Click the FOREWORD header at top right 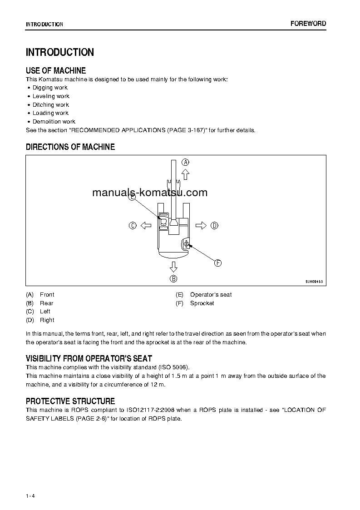click(x=308, y=24)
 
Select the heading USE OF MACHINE click(x=56, y=70)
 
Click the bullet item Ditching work click(x=50, y=104)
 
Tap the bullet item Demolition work click(x=54, y=122)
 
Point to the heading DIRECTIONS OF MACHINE click(x=70, y=147)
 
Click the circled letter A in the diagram click(x=185, y=162)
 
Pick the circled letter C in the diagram click(x=133, y=225)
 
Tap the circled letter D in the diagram click(x=214, y=225)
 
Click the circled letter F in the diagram click(x=217, y=263)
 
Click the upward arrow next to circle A click(x=185, y=174)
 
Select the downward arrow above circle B click(x=173, y=266)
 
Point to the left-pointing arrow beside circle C click(x=145, y=225)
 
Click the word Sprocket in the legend click(x=202, y=303)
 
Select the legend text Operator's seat click(x=211, y=295)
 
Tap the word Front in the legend click(x=47, y=295)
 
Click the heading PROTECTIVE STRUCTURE click(x=70, y=401)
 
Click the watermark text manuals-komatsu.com click(x=150, y=192)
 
